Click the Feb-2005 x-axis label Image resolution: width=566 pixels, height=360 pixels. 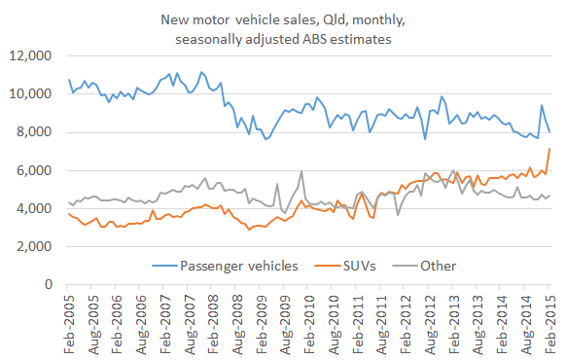coord(69,323)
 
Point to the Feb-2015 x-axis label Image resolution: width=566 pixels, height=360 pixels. coord(549,323)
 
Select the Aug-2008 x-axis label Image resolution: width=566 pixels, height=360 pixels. coord(237,323)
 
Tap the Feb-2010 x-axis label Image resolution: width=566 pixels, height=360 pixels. coord(309,323)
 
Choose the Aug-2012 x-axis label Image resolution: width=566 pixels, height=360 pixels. coord(430,323)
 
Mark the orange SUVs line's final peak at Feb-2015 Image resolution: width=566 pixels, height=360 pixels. coord(549,149)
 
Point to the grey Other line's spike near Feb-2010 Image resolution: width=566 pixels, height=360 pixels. coord(301,172)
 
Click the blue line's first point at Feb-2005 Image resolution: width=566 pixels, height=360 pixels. coord(69,80)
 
